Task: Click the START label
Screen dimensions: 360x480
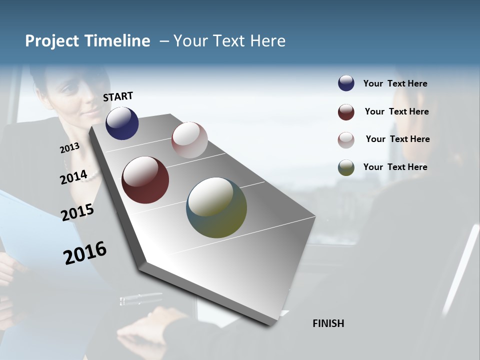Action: coord(118,96)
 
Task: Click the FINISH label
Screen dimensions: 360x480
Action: coord(328,323)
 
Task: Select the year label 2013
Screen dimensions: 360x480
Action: coord(69,148)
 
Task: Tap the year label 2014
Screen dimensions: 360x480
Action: coord(73,177)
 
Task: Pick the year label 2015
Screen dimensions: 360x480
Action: coord(77,212)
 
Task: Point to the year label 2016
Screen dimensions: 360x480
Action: coord(85,253)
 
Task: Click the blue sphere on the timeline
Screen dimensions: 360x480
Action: coord(122,123)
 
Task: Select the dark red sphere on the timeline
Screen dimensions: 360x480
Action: coord(145,180)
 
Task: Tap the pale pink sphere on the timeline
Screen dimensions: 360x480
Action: coord(189,140)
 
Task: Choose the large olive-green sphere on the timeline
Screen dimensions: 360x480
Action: coord(216,207)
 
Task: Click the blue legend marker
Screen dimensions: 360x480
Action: coord(346,83)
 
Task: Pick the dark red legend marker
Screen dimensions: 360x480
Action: coord(346,112)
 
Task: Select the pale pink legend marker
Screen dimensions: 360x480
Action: coord(346,139)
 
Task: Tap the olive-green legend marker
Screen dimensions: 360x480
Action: coord(346,167)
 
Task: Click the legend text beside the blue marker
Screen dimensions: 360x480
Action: coord(395,83)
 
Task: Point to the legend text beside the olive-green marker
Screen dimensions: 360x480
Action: coord(395,167)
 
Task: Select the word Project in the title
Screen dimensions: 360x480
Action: coord(52,41)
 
